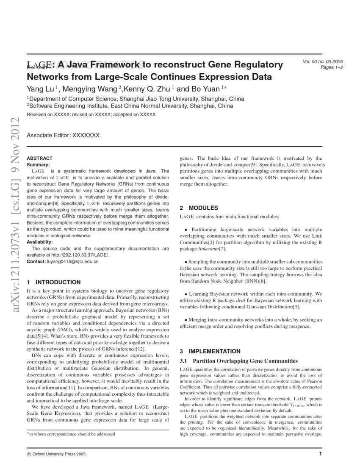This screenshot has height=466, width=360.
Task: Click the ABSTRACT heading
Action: [x=39, y=158]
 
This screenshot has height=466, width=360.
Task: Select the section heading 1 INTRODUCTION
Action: [x=53, y=282]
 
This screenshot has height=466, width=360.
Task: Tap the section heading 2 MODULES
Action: [x=199, y=208]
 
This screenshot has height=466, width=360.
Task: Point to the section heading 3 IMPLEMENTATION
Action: [x=210, y=351]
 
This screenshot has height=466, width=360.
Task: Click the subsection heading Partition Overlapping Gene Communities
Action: [x=245, y=361]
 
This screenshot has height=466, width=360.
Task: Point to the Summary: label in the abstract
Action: [x=38, y=164]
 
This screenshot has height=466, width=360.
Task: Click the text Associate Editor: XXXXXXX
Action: [x=63, y=136]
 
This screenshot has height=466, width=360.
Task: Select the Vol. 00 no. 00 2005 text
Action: [x=323, y=62]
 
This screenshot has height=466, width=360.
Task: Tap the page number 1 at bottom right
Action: [x=321, y=454]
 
